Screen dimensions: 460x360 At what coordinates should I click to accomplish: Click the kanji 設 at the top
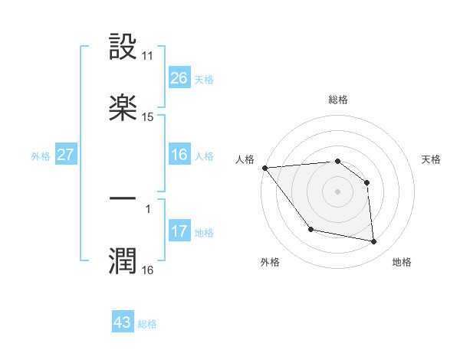point(123,47)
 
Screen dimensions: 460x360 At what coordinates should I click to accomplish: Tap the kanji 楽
point(123,107)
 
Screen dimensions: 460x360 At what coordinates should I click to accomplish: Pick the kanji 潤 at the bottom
point(123,260)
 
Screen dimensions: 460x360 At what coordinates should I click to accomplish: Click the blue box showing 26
point(179,78)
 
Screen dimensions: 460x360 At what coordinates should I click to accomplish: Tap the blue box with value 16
point(179,155)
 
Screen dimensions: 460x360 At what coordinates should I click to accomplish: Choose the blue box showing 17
point(179,231)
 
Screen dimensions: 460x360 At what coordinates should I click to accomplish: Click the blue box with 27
point(66,155)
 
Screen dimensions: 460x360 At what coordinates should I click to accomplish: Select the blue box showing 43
point(123,322)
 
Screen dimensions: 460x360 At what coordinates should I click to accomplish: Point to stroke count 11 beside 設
point(148,56)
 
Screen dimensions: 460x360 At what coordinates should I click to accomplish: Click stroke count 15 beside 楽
point(148,117)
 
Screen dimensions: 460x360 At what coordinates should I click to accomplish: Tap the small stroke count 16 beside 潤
point(148,270)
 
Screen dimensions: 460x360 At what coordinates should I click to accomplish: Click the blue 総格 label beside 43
point(147,324)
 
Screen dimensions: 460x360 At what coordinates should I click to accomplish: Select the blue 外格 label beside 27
point(41,156)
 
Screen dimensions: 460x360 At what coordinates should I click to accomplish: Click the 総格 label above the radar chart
point(338,100)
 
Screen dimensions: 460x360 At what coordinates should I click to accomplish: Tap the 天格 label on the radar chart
point(431,159)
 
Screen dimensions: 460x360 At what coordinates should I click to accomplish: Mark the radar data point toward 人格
point(264,168)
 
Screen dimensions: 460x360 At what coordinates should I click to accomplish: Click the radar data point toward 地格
point(374,242)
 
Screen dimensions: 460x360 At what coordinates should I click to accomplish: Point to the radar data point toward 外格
point(310,229)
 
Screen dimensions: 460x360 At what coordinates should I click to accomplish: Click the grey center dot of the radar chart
point(338,191)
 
